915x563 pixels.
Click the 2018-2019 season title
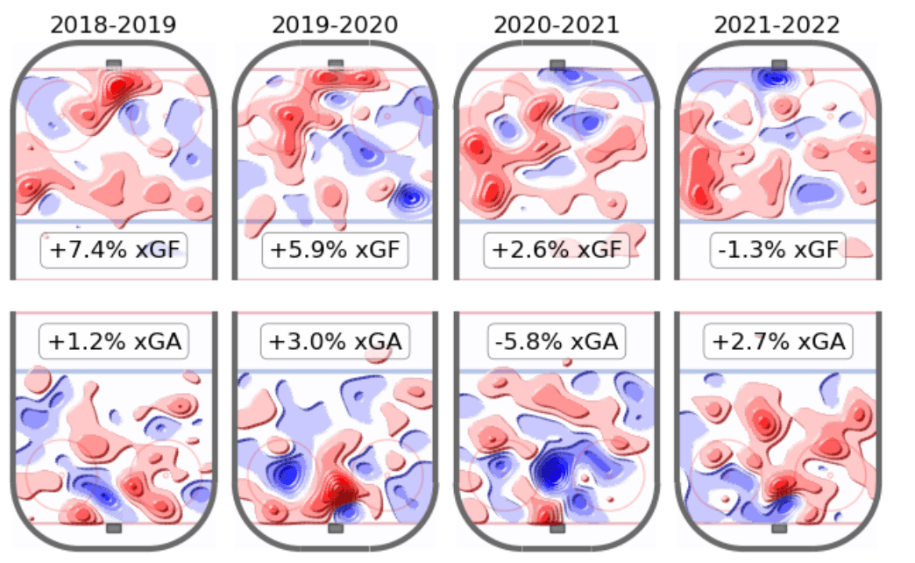point(113,24)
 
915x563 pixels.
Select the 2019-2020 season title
point(335,24)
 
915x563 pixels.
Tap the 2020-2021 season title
point(556,24)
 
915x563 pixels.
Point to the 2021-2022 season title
point(777,24)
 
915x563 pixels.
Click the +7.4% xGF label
point(114,251)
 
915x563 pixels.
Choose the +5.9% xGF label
point(335,251)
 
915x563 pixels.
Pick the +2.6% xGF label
point(557,251)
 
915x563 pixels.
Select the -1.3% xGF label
point(777,251)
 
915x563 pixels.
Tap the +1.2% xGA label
point(114,341)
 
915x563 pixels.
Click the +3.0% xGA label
point(335,341)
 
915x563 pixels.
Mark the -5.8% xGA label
point(557,341)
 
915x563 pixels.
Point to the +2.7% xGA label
point(777,341)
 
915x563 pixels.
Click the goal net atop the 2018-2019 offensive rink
point(114,64)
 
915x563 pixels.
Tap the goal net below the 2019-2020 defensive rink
point(335,528)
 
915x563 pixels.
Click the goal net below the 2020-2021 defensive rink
point(557,528)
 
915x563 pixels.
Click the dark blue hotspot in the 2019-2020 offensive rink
point(408,197)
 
